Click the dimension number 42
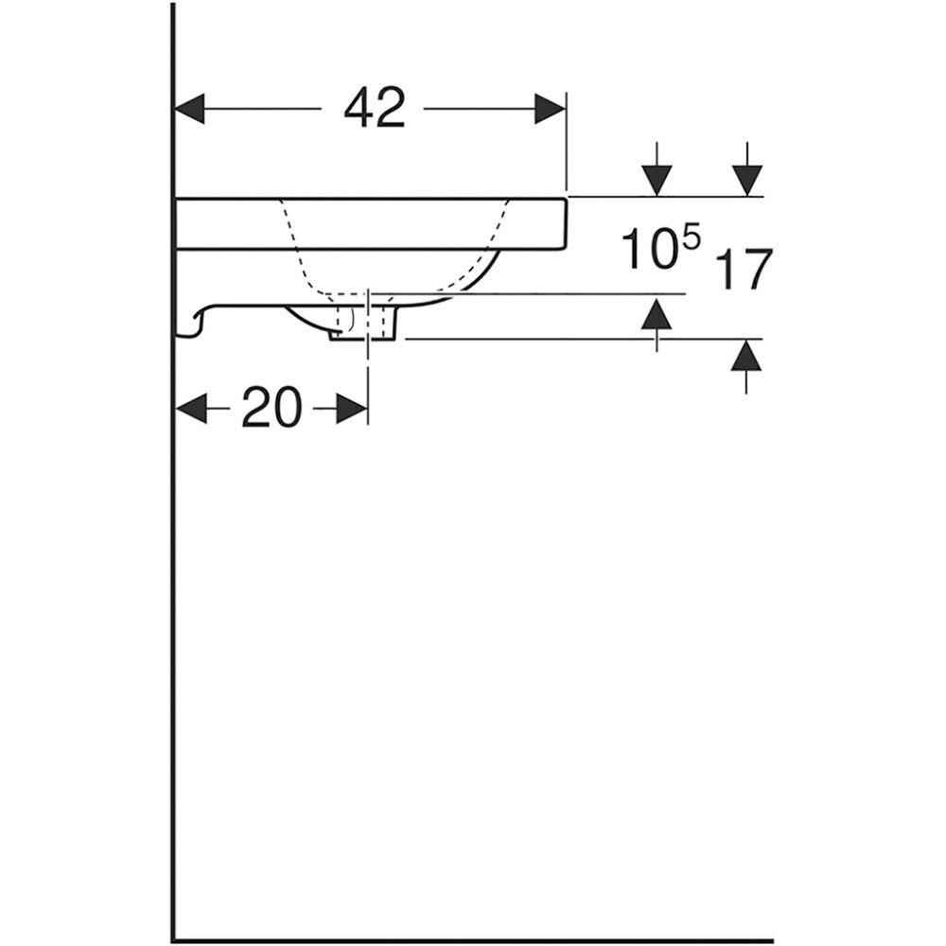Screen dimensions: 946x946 [x=375, y=109]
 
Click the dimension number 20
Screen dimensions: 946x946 [x=272, y=410]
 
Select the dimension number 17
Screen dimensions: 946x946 [x=745, y=270]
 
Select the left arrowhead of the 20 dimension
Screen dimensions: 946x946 [x=193, y=410]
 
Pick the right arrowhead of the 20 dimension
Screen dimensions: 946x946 [x=352, y=410]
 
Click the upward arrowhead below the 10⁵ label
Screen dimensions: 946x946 [x=657, y=312]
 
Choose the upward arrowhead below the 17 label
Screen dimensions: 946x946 [x=747, y=357]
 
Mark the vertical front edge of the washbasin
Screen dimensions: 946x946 [x=566, y=222]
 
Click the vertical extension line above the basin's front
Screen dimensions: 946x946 [x=566, y=142]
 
